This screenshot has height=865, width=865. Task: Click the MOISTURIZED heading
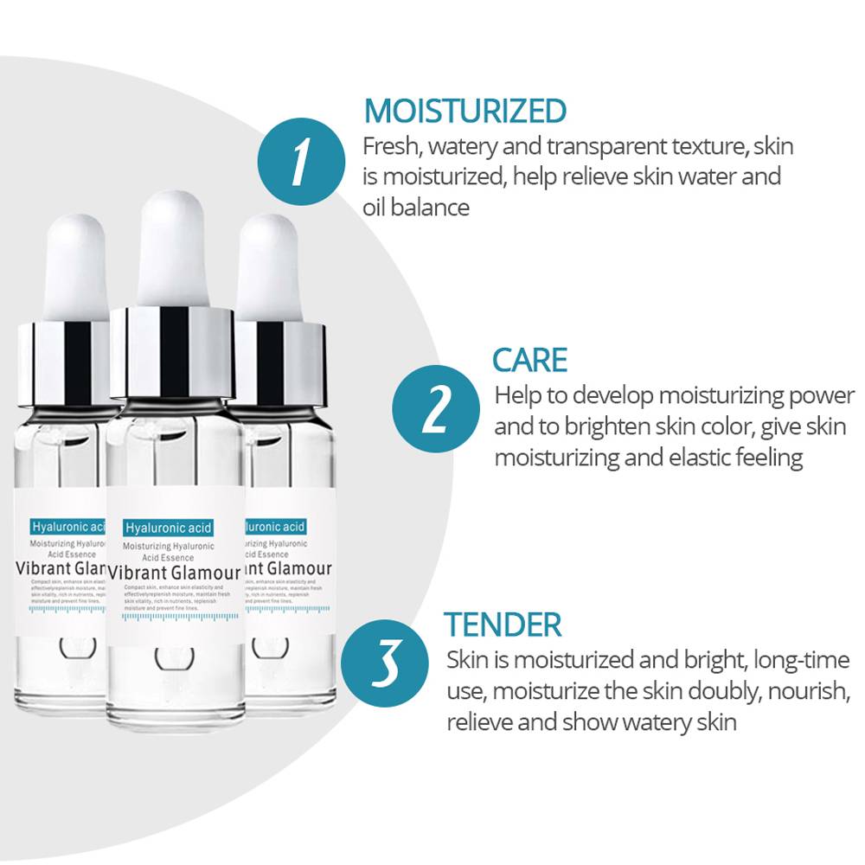[x=465, y=112]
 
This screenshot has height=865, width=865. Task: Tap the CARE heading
[x=529, y=360]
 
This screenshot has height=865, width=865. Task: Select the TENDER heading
[x=503, y=624]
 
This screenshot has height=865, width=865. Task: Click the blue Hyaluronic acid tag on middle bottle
[x=168, y=527]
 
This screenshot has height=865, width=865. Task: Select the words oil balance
[x=416, y=208]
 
